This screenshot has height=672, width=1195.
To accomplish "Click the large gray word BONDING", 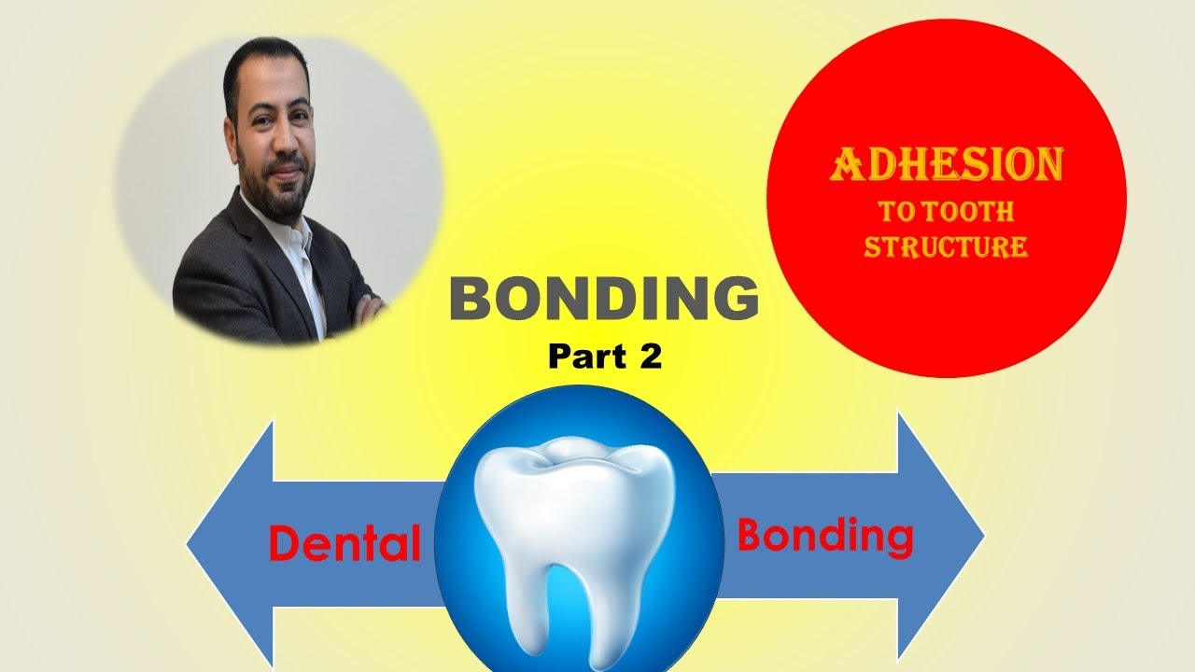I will (x=604, y=299).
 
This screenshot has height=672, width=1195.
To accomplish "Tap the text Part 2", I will (x=605, y=357).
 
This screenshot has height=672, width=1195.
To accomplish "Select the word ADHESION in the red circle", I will (x=947, y=166).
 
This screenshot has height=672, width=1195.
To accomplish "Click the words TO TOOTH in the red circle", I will (x=946, y=212).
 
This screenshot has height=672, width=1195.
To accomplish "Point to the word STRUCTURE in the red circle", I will (x=946, y=247).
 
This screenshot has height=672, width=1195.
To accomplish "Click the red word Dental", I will (x=344, y=544).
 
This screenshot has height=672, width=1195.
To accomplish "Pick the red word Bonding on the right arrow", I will (x=825, y=536).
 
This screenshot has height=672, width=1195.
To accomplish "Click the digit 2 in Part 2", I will (x=650, y=357).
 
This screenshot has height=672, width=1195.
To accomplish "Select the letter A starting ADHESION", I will (x=847, y=166).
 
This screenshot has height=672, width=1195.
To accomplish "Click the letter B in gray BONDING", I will (x=473, y=299).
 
